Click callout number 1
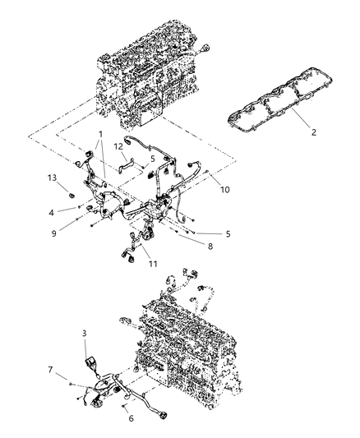point(99,134)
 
